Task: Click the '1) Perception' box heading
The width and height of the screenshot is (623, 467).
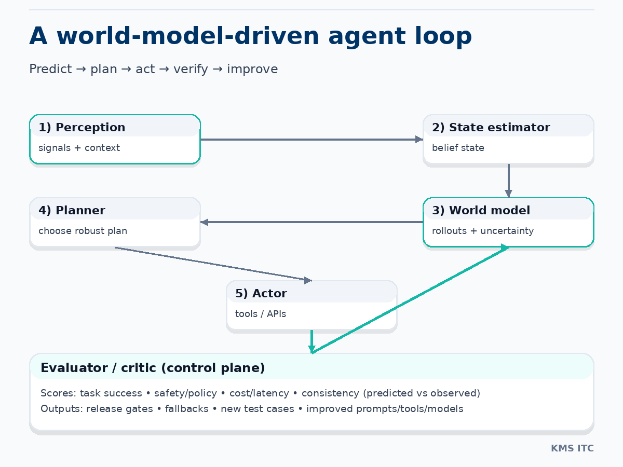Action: pyautogui.click(x=82, y=128)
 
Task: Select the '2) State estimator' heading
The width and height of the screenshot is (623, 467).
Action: pyautogui.click(x=491, y=128)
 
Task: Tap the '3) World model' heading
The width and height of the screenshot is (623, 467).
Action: pyautogui.click(x=481, y=211)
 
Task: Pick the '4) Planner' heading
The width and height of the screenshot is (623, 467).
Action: pyautogui.click(x=72, y=211)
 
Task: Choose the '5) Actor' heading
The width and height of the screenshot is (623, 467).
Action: pyautogui.click(x=261, y=294)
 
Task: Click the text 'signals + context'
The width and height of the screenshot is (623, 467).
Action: pyautogui.click(x=79, y=148)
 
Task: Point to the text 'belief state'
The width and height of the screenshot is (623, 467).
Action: pyautogui.click(x=458, y=148)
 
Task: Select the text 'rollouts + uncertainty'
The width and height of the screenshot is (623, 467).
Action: pyautogui.click(x=482, y=231)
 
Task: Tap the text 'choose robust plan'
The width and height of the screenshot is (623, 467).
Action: pyautogui.click(x=83, y=231)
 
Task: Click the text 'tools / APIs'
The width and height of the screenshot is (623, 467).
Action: pyautogui.click(x=260, y=314)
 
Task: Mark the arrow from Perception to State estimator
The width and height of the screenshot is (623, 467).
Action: pyautogui.click(x=311, y=140)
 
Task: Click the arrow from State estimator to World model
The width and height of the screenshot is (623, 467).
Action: pyautogui.click(x=509, y=181)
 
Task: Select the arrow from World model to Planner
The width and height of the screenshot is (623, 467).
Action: pyautogui.click(x=311, y=222)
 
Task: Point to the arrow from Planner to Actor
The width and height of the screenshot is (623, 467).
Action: pyautogui.click(x=213, y=264)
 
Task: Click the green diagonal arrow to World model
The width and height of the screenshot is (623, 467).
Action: pyautogui.click(x=410, y=300)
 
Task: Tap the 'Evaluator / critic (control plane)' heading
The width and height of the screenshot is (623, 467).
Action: pyautogui.click(x=153, y=368)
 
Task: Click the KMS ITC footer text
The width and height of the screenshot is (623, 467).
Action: pyautogui.click(x=572, y=448)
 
